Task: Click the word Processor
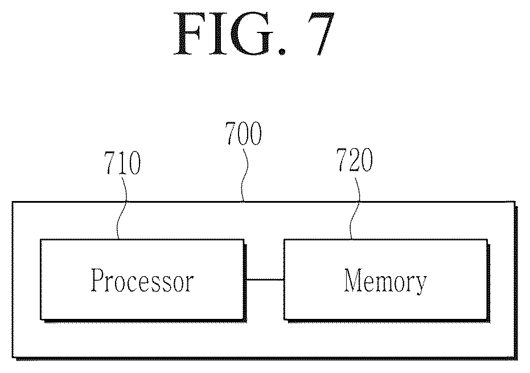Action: click(x=142, y=280)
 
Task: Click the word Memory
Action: click(x=385, y=281)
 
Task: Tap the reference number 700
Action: click(x=244, y=133)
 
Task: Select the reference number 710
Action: click(x=122, y=163)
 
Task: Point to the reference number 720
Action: click(x=355, y=159)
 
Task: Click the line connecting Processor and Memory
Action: click(x=265, y=280)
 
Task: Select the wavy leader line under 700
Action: click(x=244, y=174)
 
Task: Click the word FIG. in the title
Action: click(x=230, y=34)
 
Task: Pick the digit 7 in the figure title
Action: click(x=321, y=34)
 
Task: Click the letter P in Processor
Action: click(x=98, y=280)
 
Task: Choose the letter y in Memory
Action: click(x=420, y=285)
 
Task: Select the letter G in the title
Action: click(x=250, y=34)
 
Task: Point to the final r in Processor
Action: click(x=188, y=282)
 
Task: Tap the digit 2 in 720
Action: click(x=355, y=159)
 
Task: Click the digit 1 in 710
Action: click(x=122, y=163)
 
